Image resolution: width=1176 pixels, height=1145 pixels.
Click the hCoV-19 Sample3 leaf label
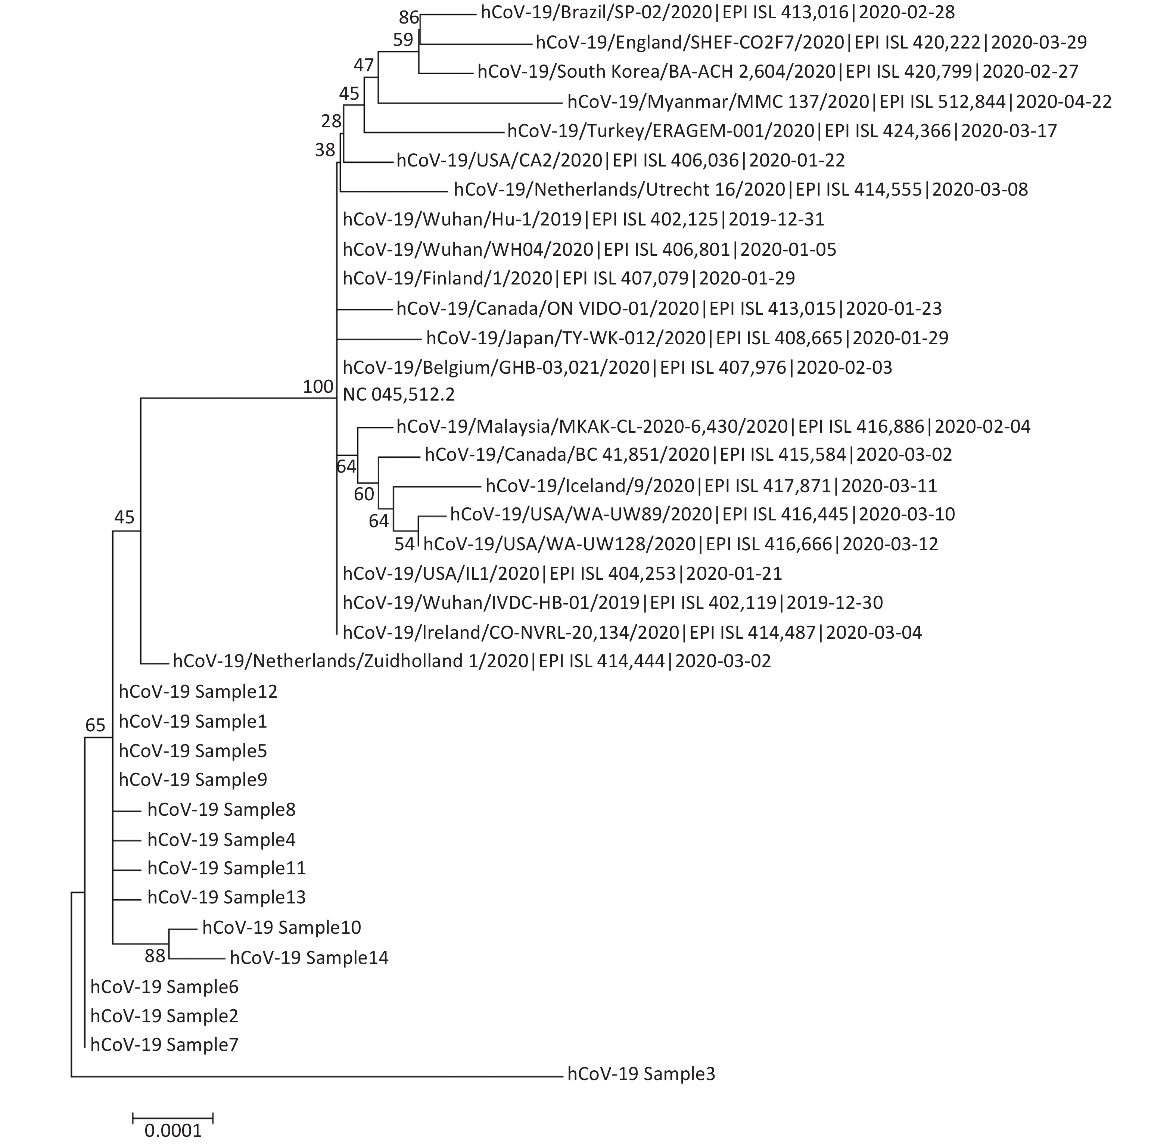641,1074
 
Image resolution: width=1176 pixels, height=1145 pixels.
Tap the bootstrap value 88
155,956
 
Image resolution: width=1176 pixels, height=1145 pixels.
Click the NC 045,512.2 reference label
399,395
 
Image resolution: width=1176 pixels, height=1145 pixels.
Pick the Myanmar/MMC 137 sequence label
839,101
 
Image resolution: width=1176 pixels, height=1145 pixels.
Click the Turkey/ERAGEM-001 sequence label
782,131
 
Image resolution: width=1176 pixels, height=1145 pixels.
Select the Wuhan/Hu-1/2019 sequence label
583,219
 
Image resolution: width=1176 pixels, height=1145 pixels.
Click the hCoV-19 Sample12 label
198,691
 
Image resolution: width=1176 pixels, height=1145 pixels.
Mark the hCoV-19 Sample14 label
309,957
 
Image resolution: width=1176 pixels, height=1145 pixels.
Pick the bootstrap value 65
95,725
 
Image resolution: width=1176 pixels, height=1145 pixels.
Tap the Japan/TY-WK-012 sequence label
687,338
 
